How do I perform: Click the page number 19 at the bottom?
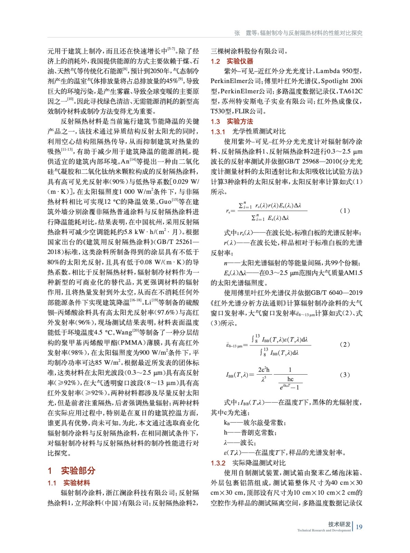coord(359,527)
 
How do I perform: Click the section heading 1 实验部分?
coord(71,470)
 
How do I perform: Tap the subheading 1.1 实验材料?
coord(69,483)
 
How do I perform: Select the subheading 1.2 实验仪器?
coord(232,61)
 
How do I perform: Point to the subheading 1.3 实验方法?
coord(232,121)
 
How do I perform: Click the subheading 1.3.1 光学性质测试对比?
coord(248,131)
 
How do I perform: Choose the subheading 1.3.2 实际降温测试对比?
coord(248,463)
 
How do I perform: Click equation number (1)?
coord(345,210)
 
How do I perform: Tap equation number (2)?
coord(345,344)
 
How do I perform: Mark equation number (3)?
coord(345,375)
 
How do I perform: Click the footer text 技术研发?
coord(339,524)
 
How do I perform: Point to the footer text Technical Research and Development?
coord(324,530)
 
